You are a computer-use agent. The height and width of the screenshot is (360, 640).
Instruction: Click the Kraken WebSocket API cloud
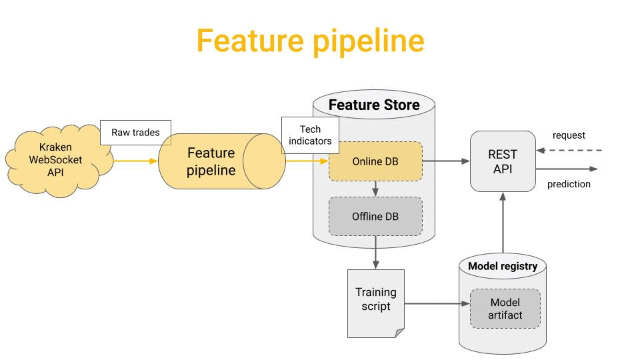point(57,161)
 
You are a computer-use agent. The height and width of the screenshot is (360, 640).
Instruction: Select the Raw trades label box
point(135,132)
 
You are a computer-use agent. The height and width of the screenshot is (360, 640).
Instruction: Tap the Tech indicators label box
point(310,135)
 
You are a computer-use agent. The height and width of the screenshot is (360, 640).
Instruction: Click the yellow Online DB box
point(375,161)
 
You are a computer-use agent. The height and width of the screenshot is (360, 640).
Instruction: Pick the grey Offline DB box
point(375,216)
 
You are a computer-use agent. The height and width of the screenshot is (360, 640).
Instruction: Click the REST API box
point(503,161)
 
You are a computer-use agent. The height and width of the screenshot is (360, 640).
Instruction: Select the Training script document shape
point(376,303)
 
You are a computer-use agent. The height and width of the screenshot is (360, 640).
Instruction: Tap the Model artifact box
point(505,309)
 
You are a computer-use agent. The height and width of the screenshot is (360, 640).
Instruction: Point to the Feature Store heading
point(374,105)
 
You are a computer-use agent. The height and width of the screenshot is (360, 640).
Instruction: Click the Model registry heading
point(503,266)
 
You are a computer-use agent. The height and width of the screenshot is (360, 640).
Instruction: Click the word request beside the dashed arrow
point(569,135)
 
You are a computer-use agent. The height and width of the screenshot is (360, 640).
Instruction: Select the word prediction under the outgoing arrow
point(569,184)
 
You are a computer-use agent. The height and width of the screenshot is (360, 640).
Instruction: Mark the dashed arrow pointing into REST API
point(569,151)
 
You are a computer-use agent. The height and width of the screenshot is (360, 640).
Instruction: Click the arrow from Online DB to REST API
point(446,161)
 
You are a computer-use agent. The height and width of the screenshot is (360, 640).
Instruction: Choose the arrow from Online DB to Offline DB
point(375,189)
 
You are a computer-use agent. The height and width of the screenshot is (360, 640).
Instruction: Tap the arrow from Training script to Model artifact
point(437,304)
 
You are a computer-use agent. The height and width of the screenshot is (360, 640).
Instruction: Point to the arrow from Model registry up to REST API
point(503,223)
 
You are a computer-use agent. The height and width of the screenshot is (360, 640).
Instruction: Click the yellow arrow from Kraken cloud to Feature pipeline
point(135,161)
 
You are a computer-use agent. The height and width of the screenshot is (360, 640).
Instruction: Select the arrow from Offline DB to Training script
point(375,252)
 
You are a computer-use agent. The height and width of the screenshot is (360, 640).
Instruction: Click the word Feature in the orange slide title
point(250,41)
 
